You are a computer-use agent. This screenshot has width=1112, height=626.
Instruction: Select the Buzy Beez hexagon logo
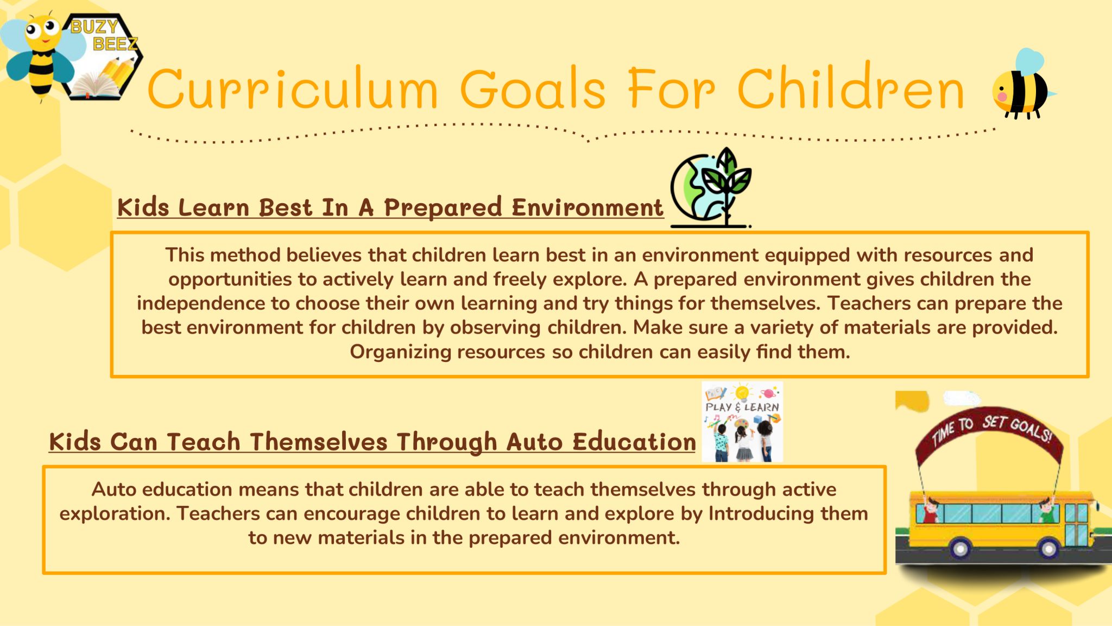point(100,57)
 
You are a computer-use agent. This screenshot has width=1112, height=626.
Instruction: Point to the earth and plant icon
point(710,187)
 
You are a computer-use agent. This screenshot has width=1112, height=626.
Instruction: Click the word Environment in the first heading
point(587,208)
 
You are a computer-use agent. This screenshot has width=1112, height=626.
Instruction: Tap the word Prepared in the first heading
point(443,208)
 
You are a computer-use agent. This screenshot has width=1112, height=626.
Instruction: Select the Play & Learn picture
point(742,422)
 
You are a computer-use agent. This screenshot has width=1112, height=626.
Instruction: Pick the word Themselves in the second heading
point(318,442)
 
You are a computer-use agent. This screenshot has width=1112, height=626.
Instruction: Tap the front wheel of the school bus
point(1048,549)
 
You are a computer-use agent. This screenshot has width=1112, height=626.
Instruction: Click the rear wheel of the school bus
point(959,549)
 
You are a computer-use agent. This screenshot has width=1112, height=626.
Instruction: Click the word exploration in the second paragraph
point(114,514)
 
